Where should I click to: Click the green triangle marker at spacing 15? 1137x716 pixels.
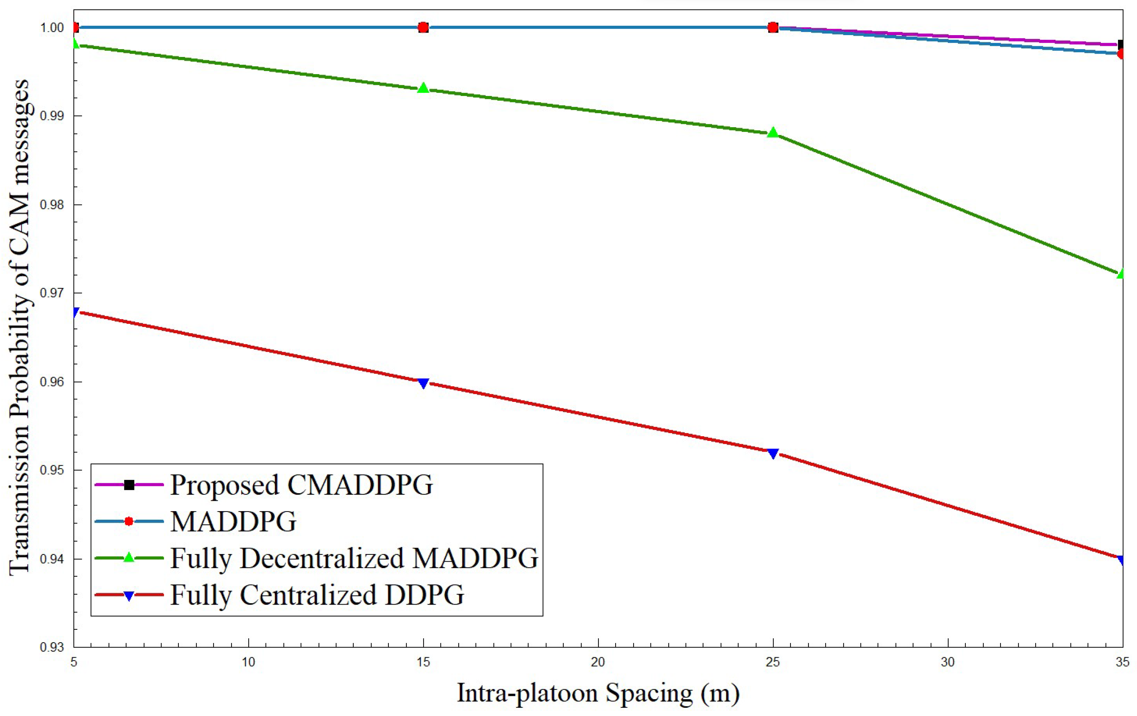pyautogui.click(x=424, y=88)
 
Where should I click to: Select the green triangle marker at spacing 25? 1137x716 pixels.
pyautogui.click(x=773, y=133)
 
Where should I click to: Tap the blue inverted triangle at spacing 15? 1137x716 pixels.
pyautogui.click(x=424, y=383)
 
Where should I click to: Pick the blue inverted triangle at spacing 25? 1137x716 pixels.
pyautogui.click(x=773, y=453)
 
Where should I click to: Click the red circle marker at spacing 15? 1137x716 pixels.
pyautogui.click(x=424, y=27)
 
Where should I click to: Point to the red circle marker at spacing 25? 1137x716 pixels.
pyautogui.click(x=773, y=27)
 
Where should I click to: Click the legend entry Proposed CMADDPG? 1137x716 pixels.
pyautogui.click(x=301, y=485)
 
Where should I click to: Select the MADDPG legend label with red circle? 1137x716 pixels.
pyautogui.click(x=233, y=522)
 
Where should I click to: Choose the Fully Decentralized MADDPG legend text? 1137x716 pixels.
pyautogui.click(x=354, y=558)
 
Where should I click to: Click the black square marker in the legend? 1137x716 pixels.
pyautogui.click(x=129, y=485)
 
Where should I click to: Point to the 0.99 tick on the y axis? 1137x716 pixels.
pyautogui.click(x=52, y=116)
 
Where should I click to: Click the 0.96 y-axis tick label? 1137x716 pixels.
pyautogui.click(x=52, y=382)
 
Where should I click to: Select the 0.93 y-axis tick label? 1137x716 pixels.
pyautogui.click(x=52, y=647)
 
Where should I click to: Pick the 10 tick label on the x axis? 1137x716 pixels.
pyautogui.click(x=248, y=662)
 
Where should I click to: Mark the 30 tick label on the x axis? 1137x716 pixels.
pyautogui.click(x=948, y=662)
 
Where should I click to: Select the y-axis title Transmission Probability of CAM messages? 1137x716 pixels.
pyautogui.click(x=20, y=327)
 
